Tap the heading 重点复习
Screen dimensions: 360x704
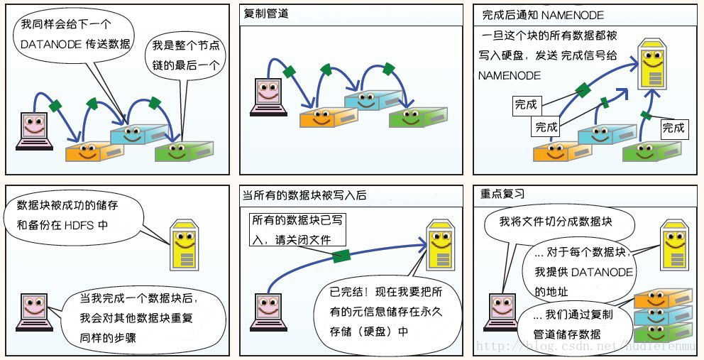coord(502,194)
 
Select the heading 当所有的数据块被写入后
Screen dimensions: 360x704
coord(305,194)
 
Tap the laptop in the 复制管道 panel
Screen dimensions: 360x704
coord(268,96)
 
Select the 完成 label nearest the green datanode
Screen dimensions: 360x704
coord(673,128)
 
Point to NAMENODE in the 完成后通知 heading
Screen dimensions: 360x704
coord(577,15)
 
